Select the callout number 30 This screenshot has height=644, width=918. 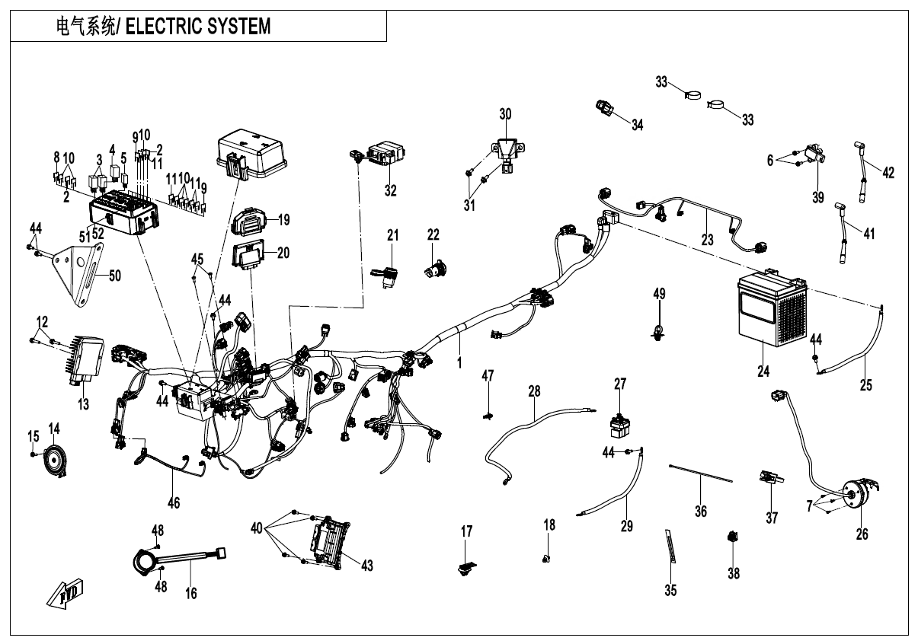point(505,114)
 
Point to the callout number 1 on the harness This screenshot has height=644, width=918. point(459,364)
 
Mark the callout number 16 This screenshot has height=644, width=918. point(191,592)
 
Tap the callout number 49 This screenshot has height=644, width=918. point(659,293)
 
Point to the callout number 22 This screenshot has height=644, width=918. point(433,236)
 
